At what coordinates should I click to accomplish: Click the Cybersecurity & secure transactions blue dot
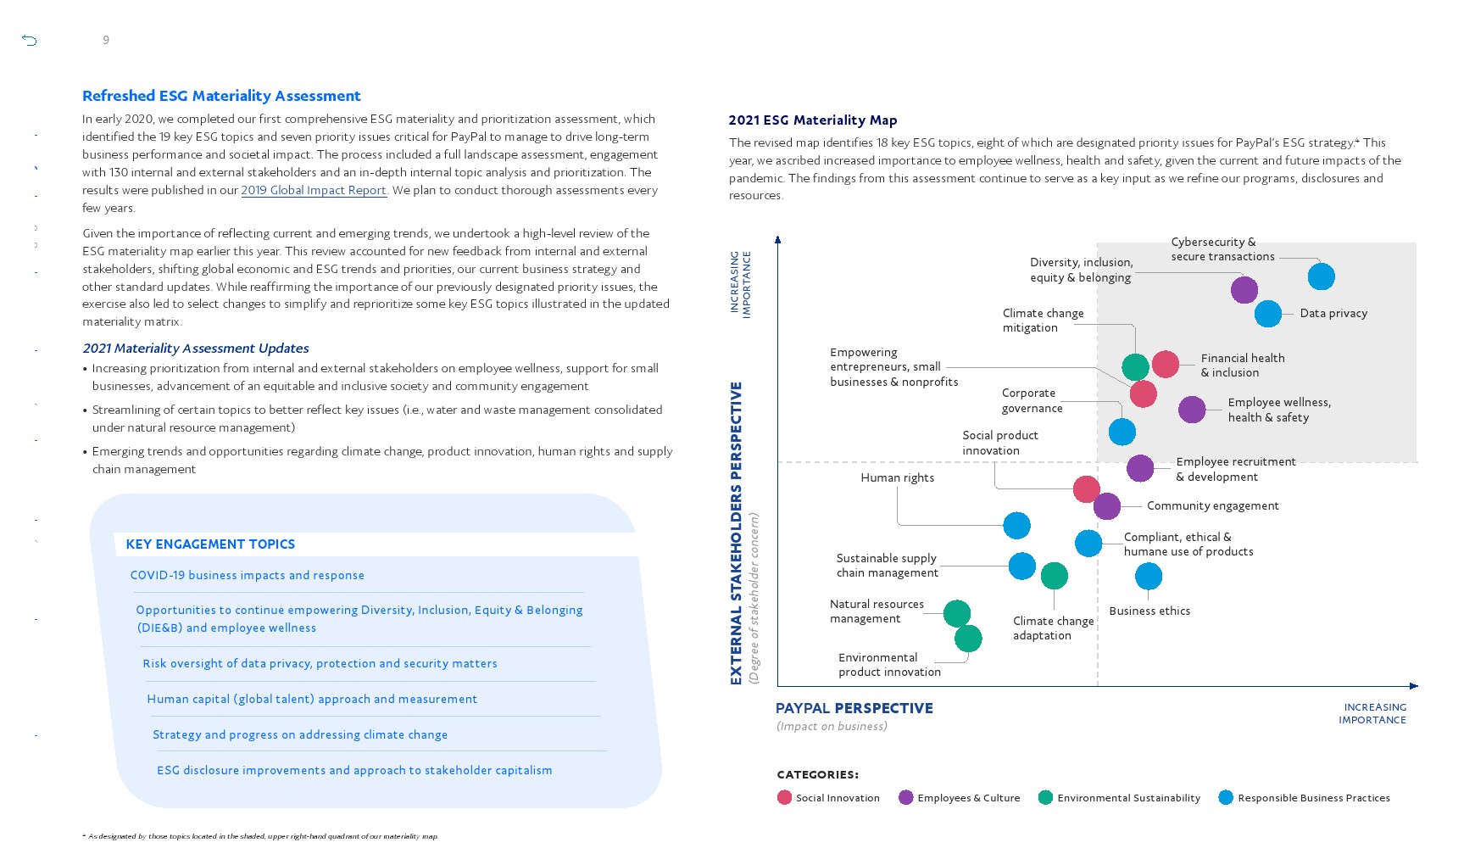(1321, 276)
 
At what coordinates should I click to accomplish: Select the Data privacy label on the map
(1333, 314)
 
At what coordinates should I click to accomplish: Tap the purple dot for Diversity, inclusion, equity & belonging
(1244, 290)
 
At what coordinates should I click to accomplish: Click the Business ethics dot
(1148, 577)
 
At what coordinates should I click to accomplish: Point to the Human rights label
(897, 478)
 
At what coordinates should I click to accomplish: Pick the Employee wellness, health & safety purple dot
(1192, 410)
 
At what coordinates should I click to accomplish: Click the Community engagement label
(1212, 506)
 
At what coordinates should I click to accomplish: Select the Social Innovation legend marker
(784, 798)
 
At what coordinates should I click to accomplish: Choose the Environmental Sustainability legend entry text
(1128, 798)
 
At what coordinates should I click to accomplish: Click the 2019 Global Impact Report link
(314, 191)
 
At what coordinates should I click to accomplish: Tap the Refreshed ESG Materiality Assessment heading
(221, 96)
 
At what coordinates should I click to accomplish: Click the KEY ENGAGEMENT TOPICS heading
(210, 544)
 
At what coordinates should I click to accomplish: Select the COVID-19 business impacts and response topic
(247, 576)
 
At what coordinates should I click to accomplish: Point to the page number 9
(106, 40)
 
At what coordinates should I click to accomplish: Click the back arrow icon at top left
(30, 40)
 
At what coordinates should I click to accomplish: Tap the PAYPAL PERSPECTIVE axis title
(854, 708)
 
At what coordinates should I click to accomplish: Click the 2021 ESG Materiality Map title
(812, 120)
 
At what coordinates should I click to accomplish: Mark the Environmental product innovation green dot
(968, 639)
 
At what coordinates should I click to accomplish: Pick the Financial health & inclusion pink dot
(1166, 364)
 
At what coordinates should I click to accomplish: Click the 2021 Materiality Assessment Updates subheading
(195, 349)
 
